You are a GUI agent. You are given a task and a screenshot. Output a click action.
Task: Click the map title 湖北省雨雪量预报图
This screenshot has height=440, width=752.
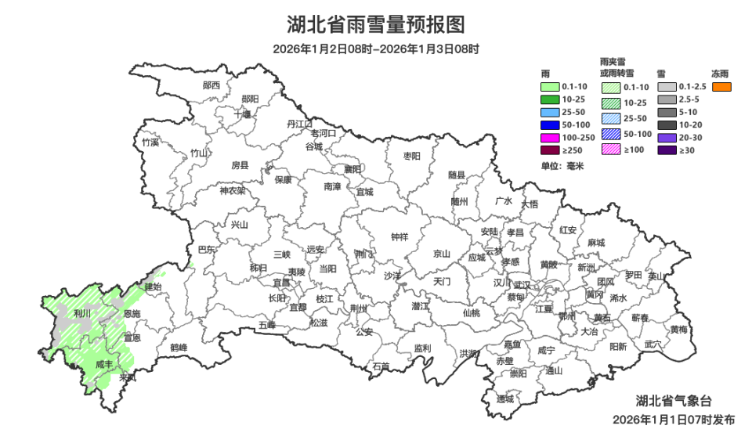pos(376,25)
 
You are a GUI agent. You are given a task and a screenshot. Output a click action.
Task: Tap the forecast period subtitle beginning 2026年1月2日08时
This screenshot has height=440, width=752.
pos(376,49)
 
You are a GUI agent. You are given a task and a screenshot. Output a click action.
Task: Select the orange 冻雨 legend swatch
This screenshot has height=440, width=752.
pos(721,86)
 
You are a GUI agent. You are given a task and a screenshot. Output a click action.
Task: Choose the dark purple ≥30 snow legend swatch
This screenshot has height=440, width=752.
pos(667,150)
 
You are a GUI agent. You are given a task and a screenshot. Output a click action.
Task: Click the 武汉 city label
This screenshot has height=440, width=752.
pos(523,284)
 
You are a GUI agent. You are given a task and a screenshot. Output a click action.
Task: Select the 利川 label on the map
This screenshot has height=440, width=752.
pos(81,313)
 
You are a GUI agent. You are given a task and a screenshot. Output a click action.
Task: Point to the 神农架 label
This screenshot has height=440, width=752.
pos(232,190)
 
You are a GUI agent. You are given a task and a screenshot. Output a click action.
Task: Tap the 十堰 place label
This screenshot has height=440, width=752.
pos(243,114)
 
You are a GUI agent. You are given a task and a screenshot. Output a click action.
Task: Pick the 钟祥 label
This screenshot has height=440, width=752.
pos(399,237)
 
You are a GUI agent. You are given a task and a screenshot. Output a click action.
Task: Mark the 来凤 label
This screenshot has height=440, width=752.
pos(127,378)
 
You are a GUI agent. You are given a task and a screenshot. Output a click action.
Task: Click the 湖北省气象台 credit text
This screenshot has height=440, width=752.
pos(673,401)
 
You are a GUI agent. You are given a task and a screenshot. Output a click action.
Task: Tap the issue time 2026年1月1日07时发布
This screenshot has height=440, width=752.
pos(674,420)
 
